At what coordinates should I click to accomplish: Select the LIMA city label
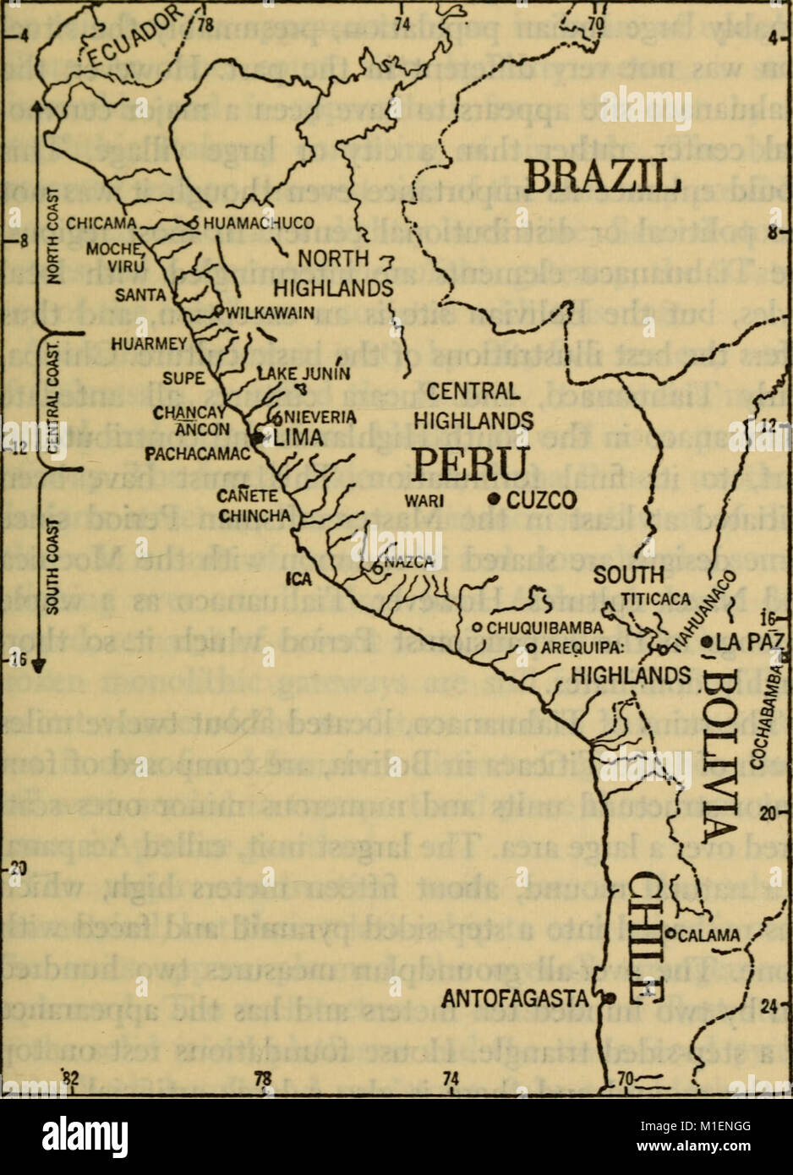click(298, 437)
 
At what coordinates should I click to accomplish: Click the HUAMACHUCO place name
click(259, 222)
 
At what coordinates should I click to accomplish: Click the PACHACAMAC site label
click(196, 454)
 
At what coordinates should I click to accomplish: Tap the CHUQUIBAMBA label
click(543, 627)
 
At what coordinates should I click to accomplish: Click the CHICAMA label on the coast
click(101, 223)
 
